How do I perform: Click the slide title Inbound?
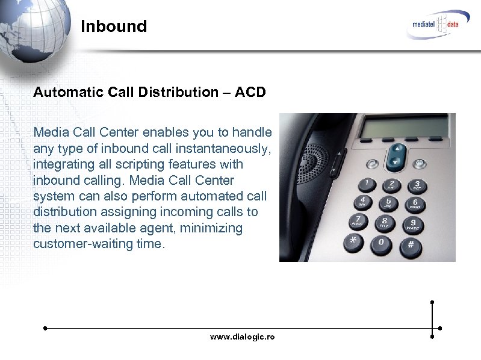pos(114,26)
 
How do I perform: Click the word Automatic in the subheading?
pos(66,93)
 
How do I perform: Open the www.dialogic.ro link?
pos(242,337)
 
